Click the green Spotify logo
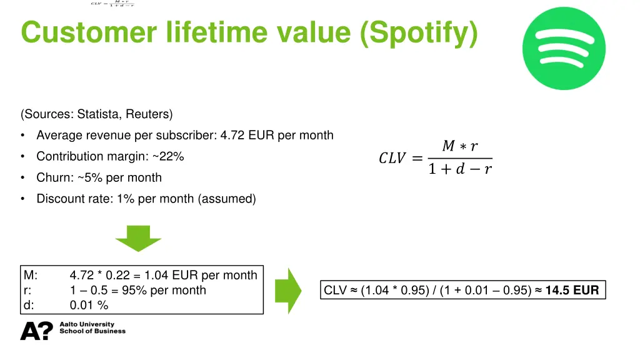coord(564,49)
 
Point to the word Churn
coord(53,177)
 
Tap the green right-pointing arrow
coord(288,290)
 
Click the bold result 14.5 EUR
coord(572,290)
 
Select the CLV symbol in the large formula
coord(392,159)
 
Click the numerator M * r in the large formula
coord(460,146)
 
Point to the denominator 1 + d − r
coord(460,169)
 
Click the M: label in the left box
coord(31,275)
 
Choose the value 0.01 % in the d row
coord(89,305)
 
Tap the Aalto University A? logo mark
coord(37,331)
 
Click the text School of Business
coord(92,331)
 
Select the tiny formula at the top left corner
coord(112,4)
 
